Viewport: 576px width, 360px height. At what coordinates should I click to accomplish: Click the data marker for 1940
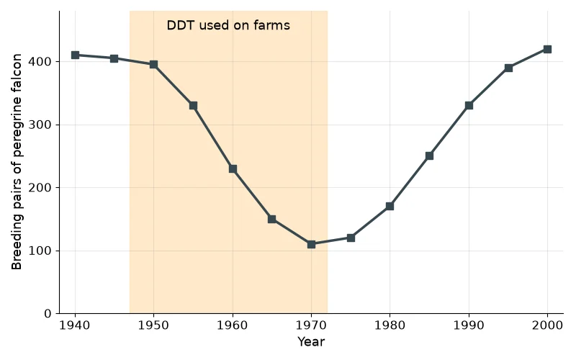75,55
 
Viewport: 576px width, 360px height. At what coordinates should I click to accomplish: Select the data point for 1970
311,244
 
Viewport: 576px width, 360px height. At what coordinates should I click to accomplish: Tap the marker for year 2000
547,49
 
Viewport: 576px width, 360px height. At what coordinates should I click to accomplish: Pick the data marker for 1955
193,106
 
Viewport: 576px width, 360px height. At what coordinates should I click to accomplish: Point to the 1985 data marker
429,156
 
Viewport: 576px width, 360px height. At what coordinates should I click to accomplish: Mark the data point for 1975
351,238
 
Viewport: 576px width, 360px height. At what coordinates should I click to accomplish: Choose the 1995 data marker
508,68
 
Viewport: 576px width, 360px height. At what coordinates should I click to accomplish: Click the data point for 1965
272,220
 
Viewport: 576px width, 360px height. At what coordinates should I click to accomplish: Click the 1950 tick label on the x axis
153,325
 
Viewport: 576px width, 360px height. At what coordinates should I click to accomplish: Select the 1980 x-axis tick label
390,325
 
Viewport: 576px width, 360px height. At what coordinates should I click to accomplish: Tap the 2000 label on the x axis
547,325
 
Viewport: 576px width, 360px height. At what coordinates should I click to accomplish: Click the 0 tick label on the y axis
48,314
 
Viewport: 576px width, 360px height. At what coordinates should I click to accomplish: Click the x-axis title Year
311,341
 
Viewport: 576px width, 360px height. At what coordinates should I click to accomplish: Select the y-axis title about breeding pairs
17,162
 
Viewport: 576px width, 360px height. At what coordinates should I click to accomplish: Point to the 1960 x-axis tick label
233,325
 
